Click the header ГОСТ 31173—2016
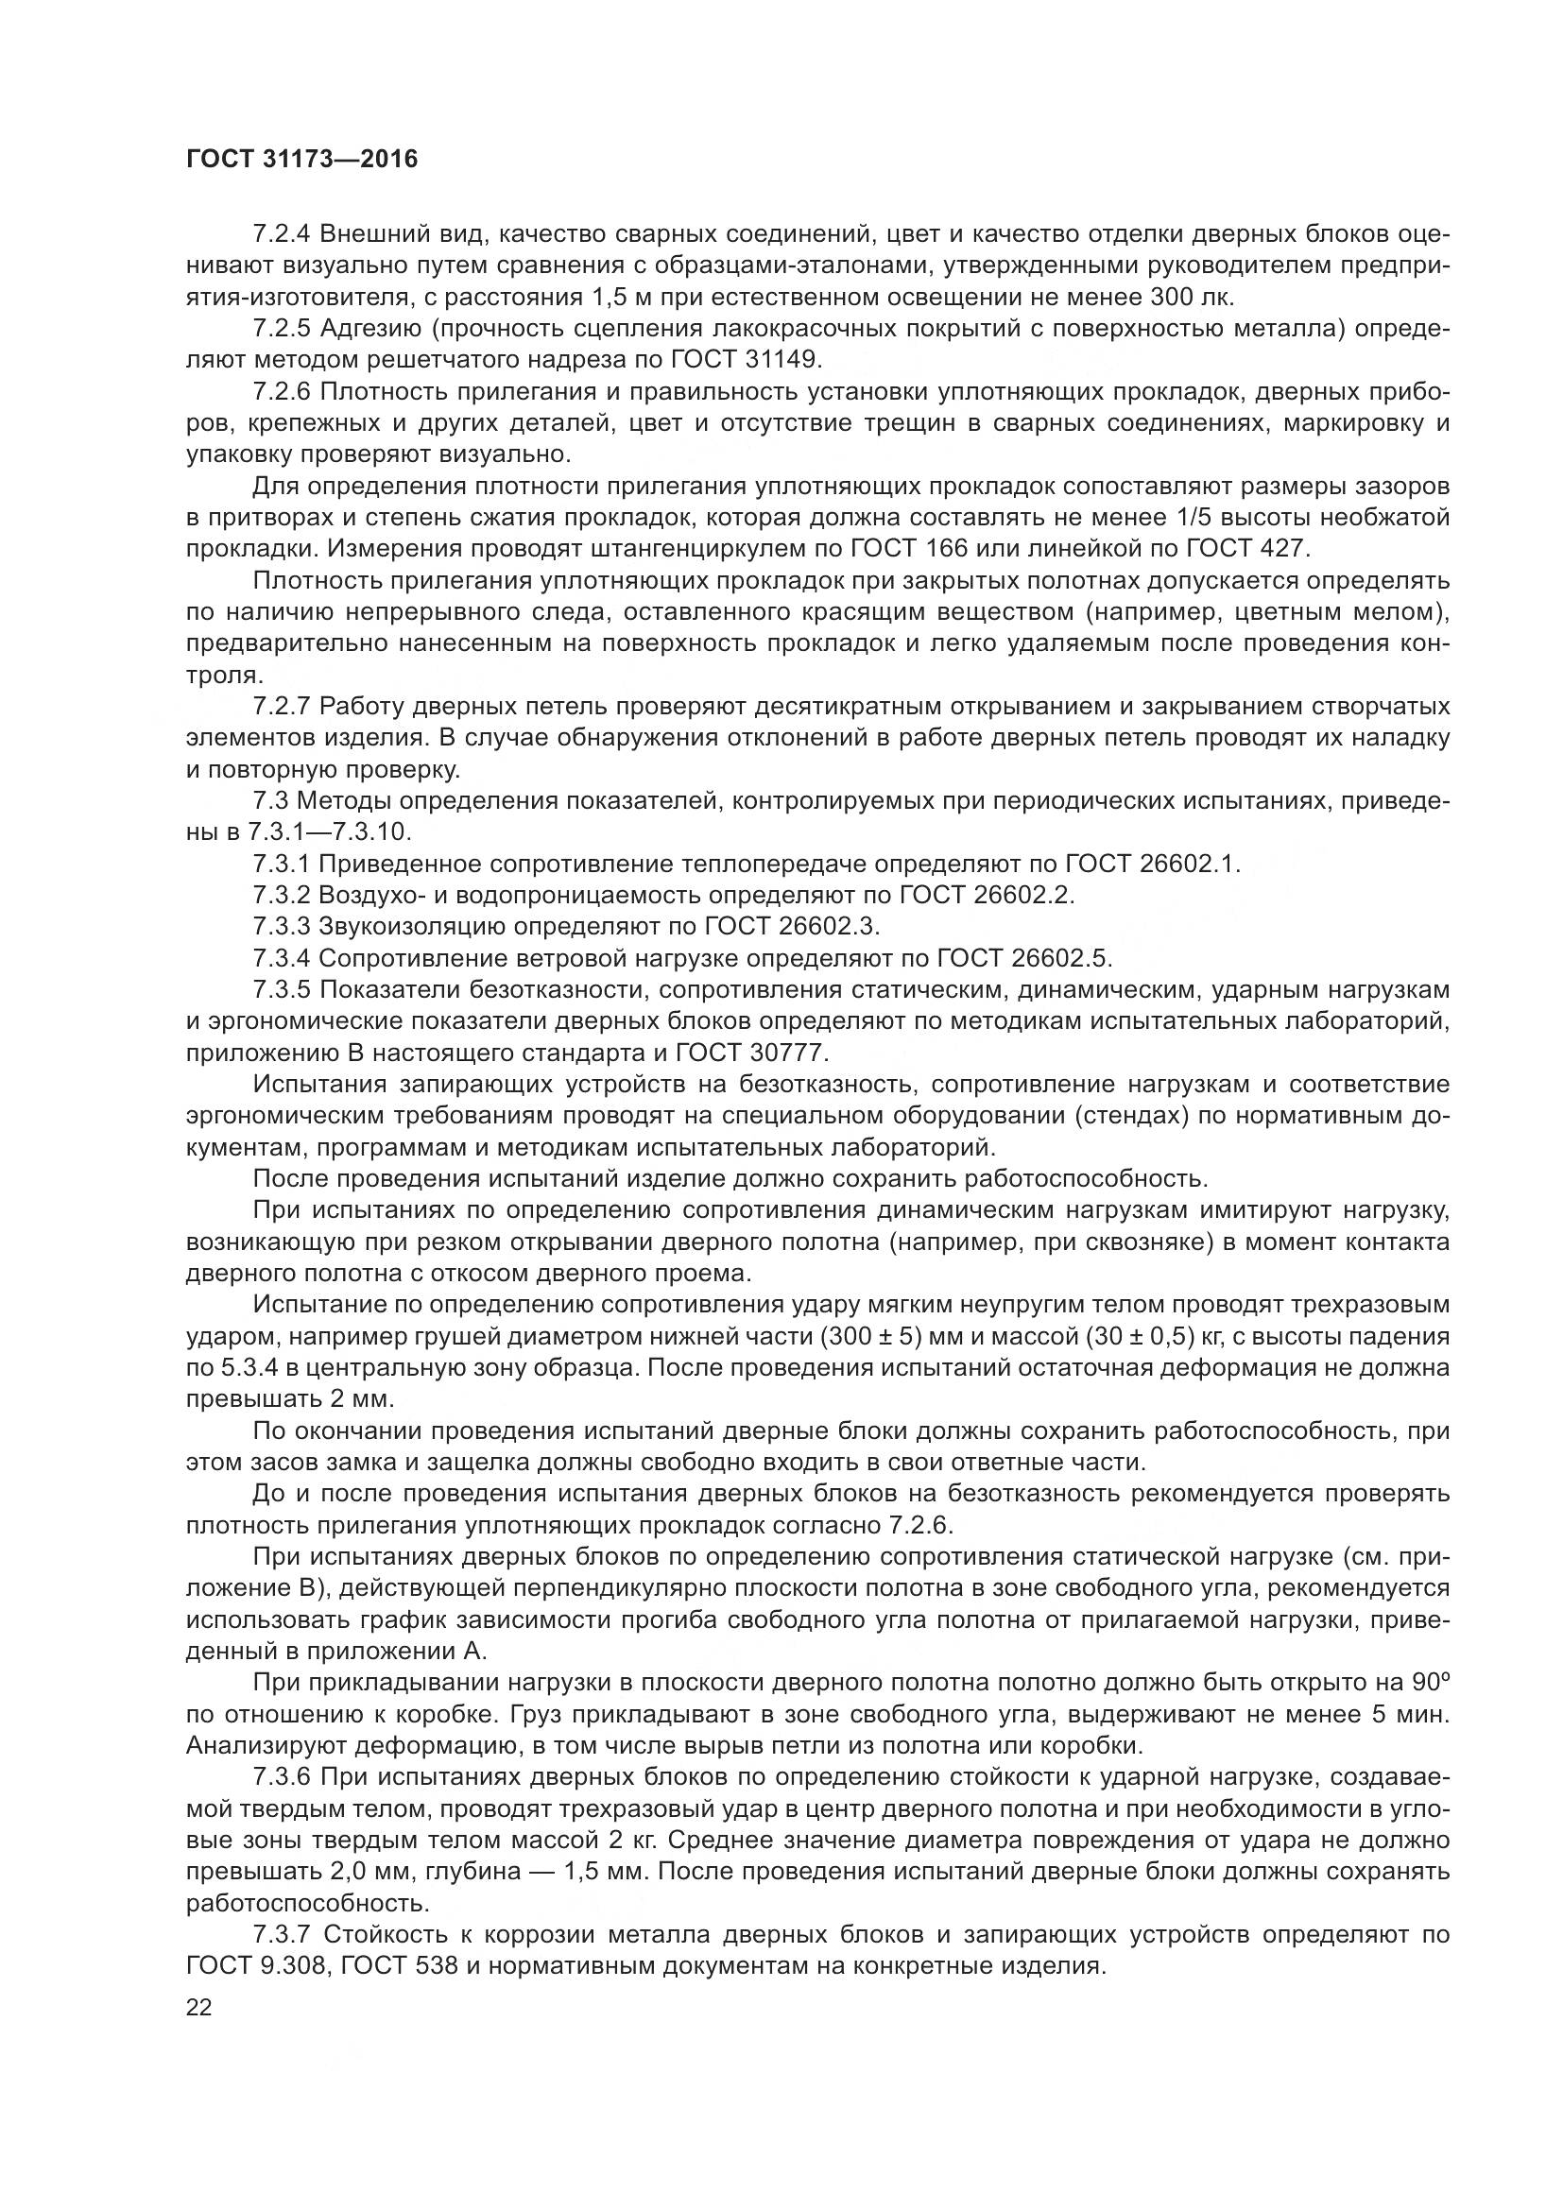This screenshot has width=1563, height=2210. [302, 159]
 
